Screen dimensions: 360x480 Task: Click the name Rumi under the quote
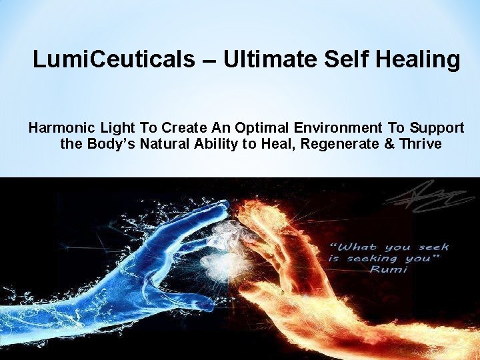[389, 270]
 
